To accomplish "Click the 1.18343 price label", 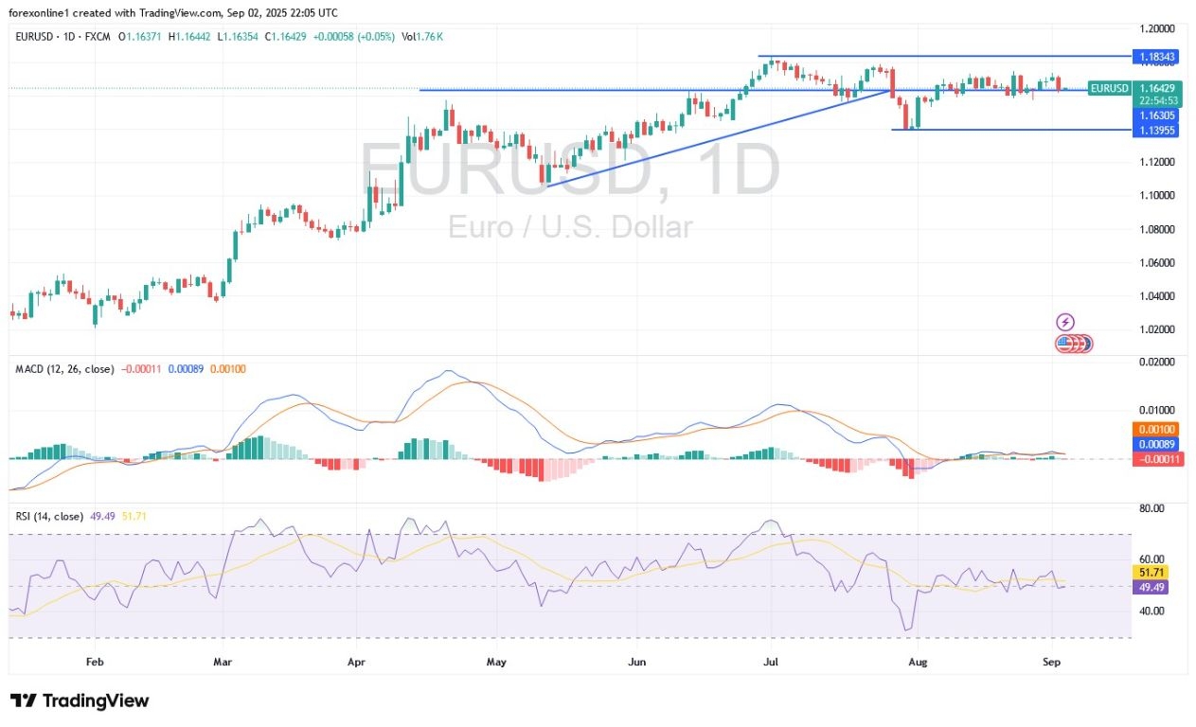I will pyautogui.click(x=1155, y=57).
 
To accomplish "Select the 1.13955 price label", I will pyautogui.click(x=1155, y=130).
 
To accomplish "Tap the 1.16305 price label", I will pyautogui.click(x=1155, y=114).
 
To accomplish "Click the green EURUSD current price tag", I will pyautogui.click(x=1109, y=88).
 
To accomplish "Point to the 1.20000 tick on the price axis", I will pyautogui.click(x=1156, y=28).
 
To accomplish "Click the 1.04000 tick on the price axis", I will pyautogui.click(x=1156, y=296).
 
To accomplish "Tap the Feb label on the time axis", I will pyautogui.click(x=94, y=663).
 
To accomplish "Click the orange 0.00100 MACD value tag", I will pyautogui.click(x=1155, y=430).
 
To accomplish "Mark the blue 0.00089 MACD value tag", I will pyautogui.click(x=1155, y=444).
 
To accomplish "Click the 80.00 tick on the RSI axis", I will pyautogui.click(x=1151, y=508).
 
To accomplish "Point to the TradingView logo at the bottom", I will pyautogui.click(x=80, y=701).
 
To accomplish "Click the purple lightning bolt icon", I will pyautogui.click(x=1065, y=322).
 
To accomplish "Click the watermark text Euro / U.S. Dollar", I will pyautogui.click(x=570, y=227).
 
